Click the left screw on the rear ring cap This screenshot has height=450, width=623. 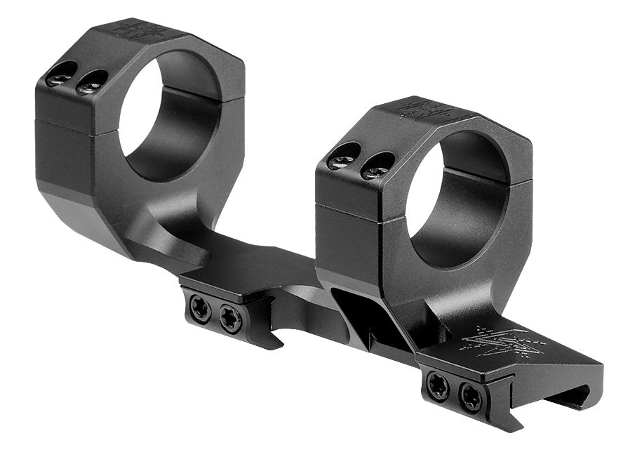[61, 74]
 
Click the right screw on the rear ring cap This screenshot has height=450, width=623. [91, 83]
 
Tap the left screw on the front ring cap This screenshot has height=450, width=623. [344, 157]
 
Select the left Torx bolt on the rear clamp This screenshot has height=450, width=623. [201, 307]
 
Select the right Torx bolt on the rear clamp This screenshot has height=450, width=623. [230, 318]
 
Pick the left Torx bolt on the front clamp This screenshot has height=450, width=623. [438, 385]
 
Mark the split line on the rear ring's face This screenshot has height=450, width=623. [70, 126]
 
